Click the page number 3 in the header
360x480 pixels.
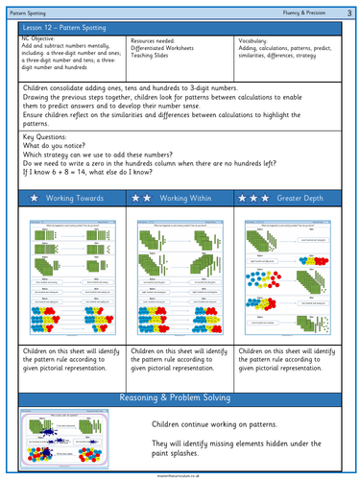point(349,10)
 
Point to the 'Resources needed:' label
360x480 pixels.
point(156,42)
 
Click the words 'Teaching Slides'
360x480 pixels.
point(154,58)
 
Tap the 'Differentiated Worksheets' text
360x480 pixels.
point(168,50)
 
